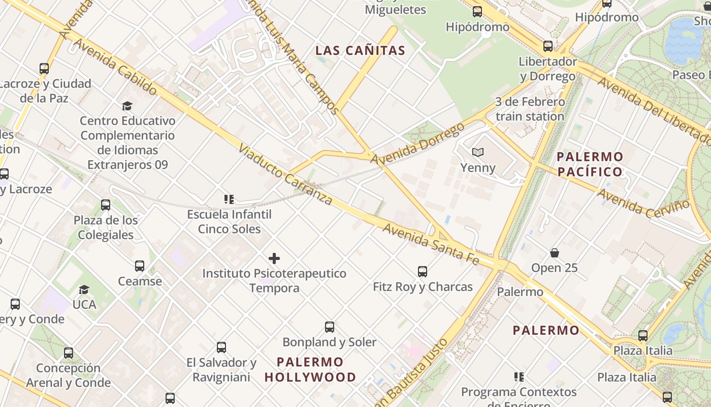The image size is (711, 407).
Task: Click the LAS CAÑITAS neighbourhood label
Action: pos(360,50)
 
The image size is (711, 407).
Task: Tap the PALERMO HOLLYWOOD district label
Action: pos(310,370)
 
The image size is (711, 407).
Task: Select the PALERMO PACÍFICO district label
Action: pos(590,164)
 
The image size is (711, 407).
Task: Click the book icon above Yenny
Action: pos(478,152)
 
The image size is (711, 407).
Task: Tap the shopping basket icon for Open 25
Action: pos(555,253)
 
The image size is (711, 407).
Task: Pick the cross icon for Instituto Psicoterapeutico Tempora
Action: pos(274,258)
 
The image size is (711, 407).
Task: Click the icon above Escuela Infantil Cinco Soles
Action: pos(229,199)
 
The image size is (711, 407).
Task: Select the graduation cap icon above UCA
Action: pos(84,289)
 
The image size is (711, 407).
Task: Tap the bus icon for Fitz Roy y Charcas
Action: pos(423,272)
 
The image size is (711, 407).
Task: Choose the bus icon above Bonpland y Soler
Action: pos(330,327)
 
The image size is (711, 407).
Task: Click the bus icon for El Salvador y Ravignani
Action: pos(221,347)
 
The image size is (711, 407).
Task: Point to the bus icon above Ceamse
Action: pos(140,266)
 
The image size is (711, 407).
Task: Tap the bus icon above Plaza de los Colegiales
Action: pos(106,205)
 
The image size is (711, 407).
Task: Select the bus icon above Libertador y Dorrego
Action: pos(548,46)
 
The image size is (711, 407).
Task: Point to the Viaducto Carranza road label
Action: pos(285,176)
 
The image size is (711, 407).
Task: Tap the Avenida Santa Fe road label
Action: pos(431,244)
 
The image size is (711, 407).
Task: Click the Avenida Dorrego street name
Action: pos(417,144)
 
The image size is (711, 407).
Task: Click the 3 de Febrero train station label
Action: pos(530,109)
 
